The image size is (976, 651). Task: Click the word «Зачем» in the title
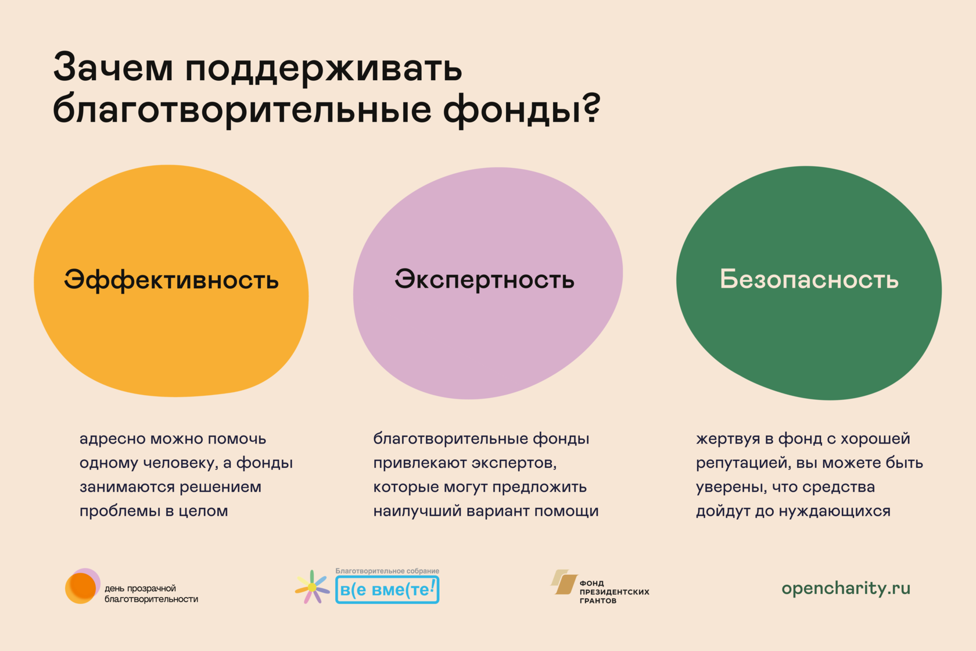[113, 68]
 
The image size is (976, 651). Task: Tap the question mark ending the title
[591, 109]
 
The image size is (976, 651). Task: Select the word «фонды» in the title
[511, 109]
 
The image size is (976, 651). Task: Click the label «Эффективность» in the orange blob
[171, 280]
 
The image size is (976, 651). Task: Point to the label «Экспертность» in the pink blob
[485, 280]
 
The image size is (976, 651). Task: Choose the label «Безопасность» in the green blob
[809, 280]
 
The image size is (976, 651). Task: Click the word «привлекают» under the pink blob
[419, 463]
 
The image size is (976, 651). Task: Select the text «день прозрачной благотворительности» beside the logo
[151, 593]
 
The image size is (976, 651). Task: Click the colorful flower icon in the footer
[312, 587]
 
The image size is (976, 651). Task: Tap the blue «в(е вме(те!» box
[387, 590]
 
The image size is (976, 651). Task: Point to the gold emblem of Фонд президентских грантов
[564, 582]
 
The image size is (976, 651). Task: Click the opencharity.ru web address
[846, 588]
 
